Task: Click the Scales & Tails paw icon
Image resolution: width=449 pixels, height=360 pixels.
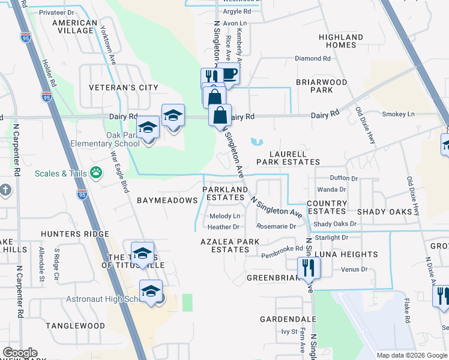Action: (96, 173)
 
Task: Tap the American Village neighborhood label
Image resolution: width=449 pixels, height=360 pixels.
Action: (75, 26)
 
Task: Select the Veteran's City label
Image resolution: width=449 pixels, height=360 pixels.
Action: (123, 88)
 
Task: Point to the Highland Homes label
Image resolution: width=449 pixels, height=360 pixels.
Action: (341, 41)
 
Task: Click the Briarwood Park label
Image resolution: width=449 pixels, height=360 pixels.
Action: (322, 86)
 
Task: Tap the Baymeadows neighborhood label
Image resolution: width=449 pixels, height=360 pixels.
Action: (167, 200)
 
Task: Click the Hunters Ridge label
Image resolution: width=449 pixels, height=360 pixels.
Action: (75, 234)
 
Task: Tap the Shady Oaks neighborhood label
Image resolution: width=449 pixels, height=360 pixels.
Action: (384, 212)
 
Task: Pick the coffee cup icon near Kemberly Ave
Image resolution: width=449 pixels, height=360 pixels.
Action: (228, 74)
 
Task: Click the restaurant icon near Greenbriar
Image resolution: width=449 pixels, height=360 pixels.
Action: (309, 267)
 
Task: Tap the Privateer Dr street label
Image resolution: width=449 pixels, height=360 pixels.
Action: (57, 12)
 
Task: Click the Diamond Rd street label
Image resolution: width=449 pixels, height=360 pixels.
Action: (313, 59)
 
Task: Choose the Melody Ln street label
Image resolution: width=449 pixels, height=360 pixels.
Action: (224, 216)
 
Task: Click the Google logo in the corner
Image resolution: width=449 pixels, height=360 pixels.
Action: (20, 353)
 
